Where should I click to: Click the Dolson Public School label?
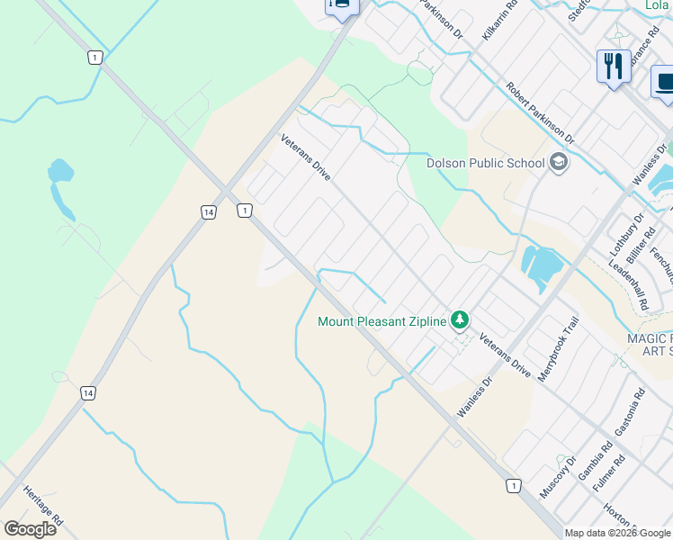coord(485,163)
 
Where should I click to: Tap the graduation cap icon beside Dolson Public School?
coord(559,163)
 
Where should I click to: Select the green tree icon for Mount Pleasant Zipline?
coord(460,319)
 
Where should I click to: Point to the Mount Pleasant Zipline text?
coord(382,320)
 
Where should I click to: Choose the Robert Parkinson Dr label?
coord(540,113)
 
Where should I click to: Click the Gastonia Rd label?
coord(627,412)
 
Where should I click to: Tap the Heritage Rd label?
coord(44,508)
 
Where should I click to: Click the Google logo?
coord(30,528)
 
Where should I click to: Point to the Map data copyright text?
coord(618,533)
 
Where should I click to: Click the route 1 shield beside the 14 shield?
coord(244,211)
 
